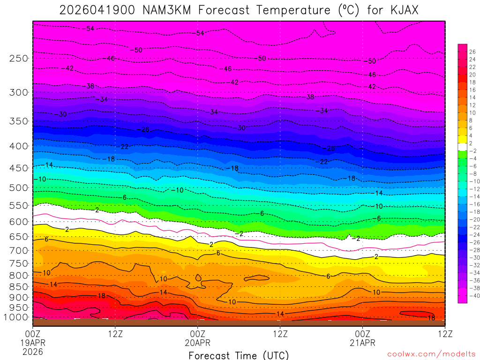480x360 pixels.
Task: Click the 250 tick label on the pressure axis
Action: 19,59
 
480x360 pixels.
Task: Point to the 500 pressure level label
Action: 19,188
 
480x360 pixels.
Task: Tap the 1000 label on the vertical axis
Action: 16,317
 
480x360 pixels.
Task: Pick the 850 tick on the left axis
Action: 19,286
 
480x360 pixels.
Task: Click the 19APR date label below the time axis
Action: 32,342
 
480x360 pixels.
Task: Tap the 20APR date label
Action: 198,342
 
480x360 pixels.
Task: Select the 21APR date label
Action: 362,342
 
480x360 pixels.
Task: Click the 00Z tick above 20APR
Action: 198,334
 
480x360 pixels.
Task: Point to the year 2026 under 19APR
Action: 32,351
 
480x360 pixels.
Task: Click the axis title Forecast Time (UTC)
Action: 239,355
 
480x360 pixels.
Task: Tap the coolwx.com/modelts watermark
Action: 431,354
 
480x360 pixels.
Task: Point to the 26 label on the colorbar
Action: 472,52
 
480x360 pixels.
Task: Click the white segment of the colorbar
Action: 462,147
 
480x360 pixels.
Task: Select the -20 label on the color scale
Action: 472,219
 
